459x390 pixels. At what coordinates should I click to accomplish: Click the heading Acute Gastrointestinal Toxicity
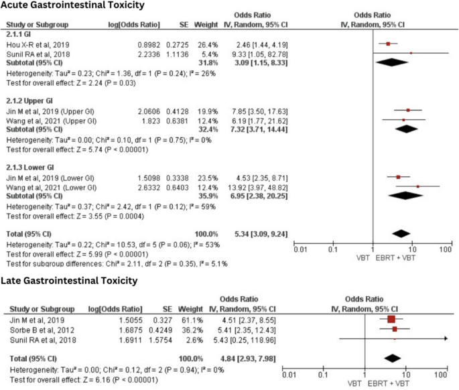72,6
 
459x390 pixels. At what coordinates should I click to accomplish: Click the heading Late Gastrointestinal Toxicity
68,280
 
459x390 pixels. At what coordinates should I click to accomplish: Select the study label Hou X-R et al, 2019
36,43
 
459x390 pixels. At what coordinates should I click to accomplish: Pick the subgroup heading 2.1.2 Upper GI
29,100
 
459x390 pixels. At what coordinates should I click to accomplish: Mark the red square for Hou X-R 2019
388,44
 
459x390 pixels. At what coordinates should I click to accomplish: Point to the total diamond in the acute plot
401,233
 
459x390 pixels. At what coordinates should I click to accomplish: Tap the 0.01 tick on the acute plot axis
300,249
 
